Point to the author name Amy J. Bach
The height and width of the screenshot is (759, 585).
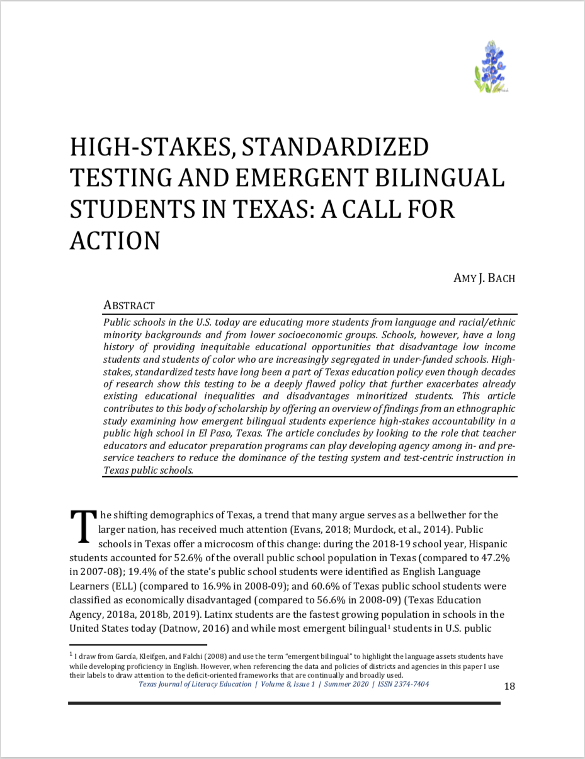tap(484, 278)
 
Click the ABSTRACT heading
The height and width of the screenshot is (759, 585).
tap(128, 305)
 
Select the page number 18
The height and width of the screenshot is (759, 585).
tap(509, 686)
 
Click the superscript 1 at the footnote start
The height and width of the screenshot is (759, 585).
tap(71, 654)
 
